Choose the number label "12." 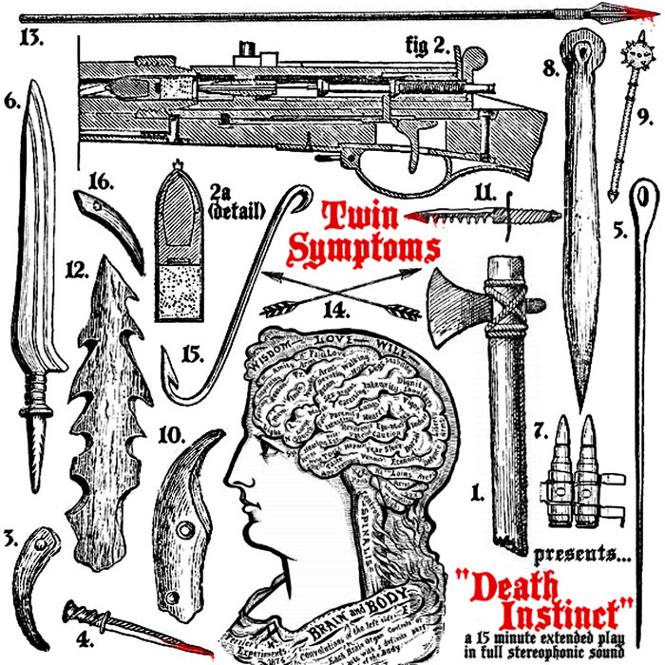coord(77,270)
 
